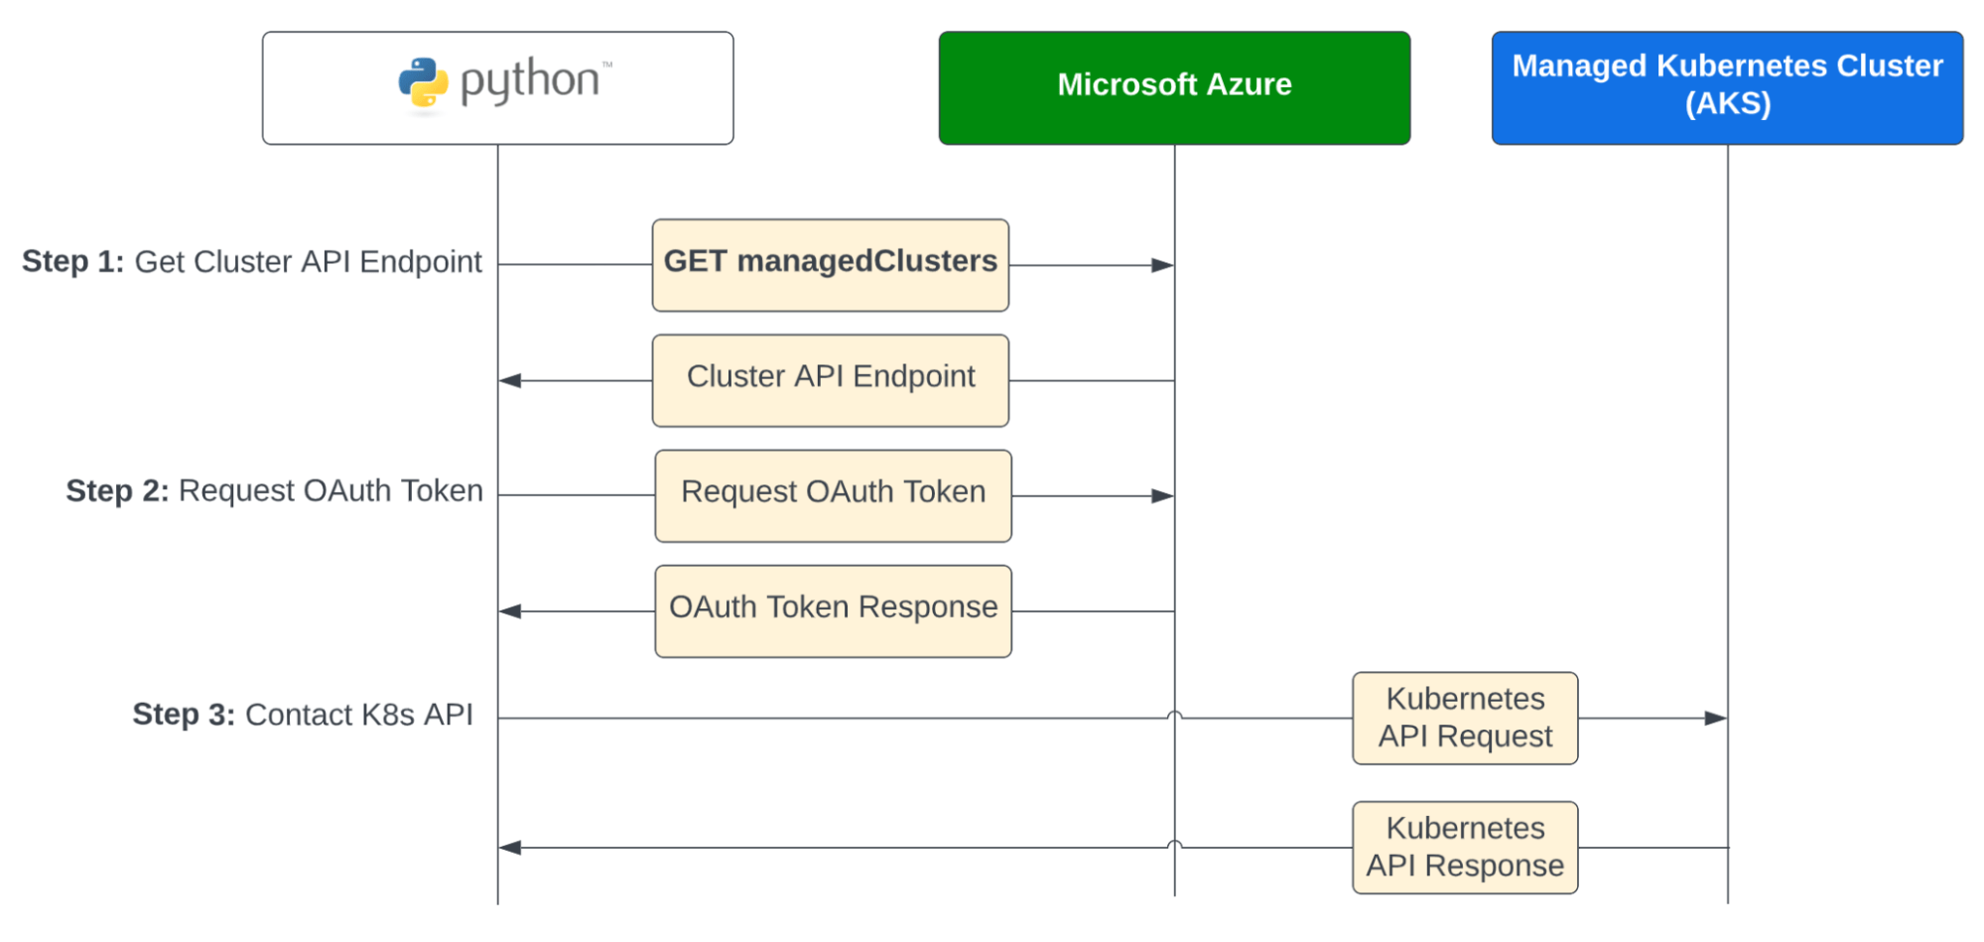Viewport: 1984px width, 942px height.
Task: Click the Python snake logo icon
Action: (423, 82)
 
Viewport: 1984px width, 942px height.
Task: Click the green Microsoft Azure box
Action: (1174, 87)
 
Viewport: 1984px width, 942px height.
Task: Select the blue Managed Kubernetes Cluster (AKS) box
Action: (1727, 87)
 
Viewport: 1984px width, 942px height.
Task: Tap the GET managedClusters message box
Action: (831, 265)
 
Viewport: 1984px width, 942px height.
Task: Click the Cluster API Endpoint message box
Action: (831, 380)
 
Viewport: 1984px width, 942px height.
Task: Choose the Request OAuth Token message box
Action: (833, 495)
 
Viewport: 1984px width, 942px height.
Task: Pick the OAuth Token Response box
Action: (833, 610)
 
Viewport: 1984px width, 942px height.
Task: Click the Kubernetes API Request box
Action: (1465, 718)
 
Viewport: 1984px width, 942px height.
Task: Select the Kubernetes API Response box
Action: (1465, 847)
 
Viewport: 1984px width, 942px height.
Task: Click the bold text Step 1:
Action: (72, 261)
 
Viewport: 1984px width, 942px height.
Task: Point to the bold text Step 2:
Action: (117, 490)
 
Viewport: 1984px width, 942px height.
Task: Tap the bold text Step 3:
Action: (184, 714)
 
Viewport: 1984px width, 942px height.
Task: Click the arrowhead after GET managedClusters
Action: (1162, 265)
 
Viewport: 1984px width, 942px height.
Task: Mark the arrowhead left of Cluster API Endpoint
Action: (510, 380)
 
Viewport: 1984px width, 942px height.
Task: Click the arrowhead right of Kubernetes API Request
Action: (1715, 718)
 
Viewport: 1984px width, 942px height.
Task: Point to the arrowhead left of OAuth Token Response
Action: (510, 611)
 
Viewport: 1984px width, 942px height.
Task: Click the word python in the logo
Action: (530, 81)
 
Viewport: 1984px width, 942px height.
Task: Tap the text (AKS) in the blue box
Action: (1727, 103)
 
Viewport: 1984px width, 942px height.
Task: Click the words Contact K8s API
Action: (358, 714)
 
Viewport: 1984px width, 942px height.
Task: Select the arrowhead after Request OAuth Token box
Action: (1162, 495)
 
